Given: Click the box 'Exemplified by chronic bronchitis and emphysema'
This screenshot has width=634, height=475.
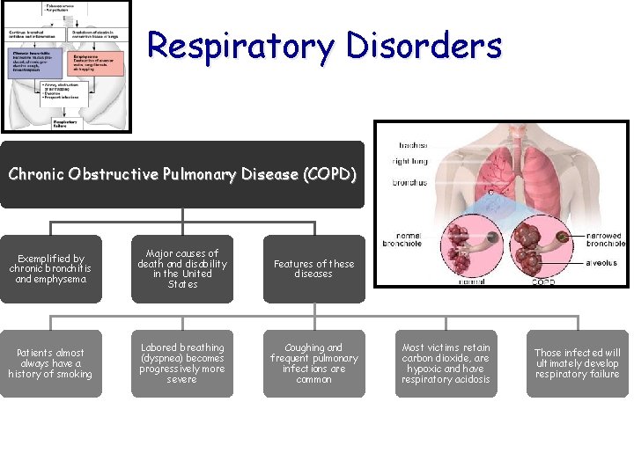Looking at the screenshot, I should click(x=51, y=269).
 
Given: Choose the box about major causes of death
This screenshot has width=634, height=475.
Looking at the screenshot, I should click(x=182, y=269).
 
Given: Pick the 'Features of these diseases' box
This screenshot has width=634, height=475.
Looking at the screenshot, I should click(x=313, y=269).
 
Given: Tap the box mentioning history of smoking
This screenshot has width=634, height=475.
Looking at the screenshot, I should click(x=51, y=363).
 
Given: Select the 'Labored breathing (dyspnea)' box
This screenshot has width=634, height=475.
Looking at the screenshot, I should click(x=182, y=363).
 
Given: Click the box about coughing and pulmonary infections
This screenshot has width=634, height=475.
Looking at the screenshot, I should click(x=313, y=363).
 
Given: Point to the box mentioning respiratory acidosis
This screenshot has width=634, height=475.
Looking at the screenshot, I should click(x=446, y=363).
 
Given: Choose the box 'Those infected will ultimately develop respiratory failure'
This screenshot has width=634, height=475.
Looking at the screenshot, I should click(x=578, y=363).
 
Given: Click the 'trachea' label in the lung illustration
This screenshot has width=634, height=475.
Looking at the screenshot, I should click(x=413, y=145).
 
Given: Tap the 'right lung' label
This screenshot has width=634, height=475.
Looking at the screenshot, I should click(x=409, y=162).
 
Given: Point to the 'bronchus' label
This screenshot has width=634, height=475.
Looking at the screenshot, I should click(x=410, y=183).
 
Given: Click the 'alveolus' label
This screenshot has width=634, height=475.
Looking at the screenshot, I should click(x=601, y=261).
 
